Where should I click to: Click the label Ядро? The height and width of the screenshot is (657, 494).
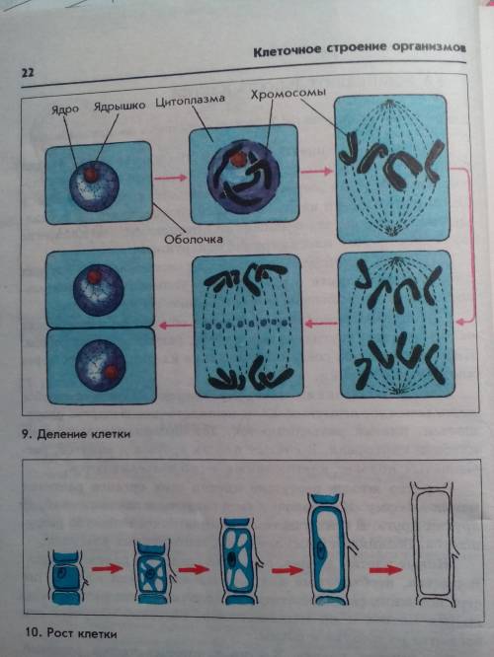[x=65, y=109]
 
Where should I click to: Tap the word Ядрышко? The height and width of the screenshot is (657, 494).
[x=120, y=106]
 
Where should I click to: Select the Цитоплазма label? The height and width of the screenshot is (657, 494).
[x=190, y=101]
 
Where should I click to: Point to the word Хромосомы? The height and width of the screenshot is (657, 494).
[x=288, y=93]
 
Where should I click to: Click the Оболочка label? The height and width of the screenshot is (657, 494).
[x=193, y=240]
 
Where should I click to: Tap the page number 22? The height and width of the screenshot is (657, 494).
[x=28, y=72]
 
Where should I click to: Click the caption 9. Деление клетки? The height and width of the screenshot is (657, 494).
[x=75, y=434]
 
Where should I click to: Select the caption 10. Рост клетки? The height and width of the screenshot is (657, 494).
[x=69, y=633]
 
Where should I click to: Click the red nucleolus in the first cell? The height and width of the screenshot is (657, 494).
[x=91, y=175]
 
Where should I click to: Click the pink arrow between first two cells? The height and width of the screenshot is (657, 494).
[x=170, y=178]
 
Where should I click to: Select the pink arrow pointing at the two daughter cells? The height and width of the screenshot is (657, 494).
[x=174, y=325]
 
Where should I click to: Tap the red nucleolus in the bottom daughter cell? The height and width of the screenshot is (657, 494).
[x=112, y=372]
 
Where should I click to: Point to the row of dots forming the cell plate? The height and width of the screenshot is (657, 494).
[x=248, y=324]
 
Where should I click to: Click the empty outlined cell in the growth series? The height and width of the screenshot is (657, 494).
[x=433, y=544]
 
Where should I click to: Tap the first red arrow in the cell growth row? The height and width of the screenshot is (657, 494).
[x=107, y=568]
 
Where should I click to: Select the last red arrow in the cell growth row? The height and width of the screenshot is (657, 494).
[x=385, y=570]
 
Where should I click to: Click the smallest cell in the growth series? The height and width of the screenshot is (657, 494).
[x=66, y=577]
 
